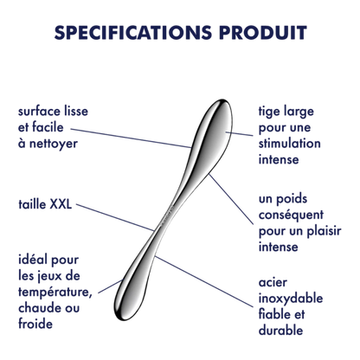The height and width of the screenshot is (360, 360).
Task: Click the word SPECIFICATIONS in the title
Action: pyautogui.click(x=133, y=32)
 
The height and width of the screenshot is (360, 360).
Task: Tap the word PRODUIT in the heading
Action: pyautogui.click(x=263, y=32)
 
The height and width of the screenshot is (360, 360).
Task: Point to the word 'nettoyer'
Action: pyautogui.click(x=54, y=144)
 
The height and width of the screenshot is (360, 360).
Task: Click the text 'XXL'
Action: pyautogui.click(x=61, y=204)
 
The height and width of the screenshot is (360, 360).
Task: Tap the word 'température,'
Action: pyautogui.click(x=55, y=292)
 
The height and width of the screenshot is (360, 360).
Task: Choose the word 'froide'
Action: pyautogui.click(x=35, y=324)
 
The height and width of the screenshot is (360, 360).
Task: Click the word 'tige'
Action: pyautogui.click(x=269, y=112)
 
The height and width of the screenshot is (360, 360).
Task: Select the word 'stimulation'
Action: pyautogui.click(x=289, y=144)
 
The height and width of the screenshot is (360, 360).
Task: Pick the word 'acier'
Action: pyautogui.click(x=273, y=283)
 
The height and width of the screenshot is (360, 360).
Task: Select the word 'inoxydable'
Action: pyautogui.click(x=291, y=299)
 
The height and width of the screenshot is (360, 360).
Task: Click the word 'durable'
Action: pyautogui.click(x=280, y=331)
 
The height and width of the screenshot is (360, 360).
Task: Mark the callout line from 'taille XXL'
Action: pyautogui.click(x=116, y=217)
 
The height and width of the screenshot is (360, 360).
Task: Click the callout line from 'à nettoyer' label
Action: pyautogui.click(x=131, y=138)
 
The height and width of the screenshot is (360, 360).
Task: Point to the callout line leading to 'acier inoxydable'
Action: pyautogui.click(x=204, y=281)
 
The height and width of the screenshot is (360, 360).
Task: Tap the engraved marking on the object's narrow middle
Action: pyautogui.click(x=168, y=215)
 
